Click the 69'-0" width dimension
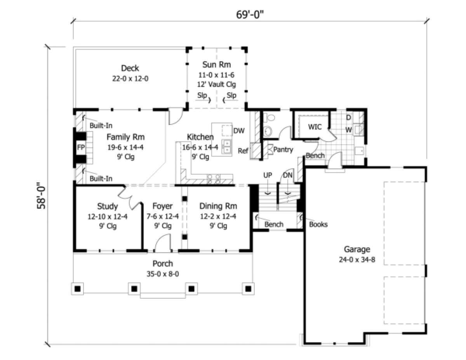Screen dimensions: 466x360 click(250, 15)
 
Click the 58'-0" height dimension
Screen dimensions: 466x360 click(41, 196)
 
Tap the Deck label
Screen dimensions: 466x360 click(130, 68)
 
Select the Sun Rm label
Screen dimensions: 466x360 click(216, 64)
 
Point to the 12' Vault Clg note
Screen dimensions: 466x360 click(216, 85)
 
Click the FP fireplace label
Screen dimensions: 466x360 click(81, 147)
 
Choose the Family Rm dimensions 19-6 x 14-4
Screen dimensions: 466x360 click(125, 147)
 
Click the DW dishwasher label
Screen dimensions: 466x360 click(239, 131)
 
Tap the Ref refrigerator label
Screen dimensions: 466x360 click(243, 151)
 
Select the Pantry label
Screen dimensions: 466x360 click(283, 150)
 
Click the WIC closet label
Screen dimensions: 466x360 click(315, 127)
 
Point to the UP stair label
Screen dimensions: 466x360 click(268, 175)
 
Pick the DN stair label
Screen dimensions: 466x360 click(288, 175)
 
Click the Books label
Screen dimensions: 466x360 click(318, 225)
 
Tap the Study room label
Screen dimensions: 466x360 click(108, 207)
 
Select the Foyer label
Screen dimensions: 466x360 click(162, 206)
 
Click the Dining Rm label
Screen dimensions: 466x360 click(218, 206)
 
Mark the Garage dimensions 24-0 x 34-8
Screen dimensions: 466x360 click(357, 260)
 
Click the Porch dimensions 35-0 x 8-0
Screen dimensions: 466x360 click(163, 274)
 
